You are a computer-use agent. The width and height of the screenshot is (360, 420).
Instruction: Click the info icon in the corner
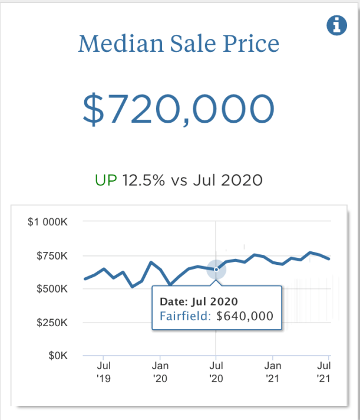tap(336, 26)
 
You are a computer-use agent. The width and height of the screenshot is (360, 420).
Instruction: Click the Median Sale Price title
tap(179, 43)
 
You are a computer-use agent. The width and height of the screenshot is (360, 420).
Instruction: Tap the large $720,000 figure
tap(179, 109)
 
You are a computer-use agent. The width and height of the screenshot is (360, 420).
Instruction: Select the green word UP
tap(106, 180)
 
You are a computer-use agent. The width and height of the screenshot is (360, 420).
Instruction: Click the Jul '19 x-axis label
tap(103, 372)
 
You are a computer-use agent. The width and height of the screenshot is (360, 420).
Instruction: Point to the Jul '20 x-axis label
tap(216, 372)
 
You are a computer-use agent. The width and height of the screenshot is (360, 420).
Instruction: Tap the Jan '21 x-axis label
tap(272, 372)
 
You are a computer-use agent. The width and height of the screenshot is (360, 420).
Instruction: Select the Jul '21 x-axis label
tap(323, 372)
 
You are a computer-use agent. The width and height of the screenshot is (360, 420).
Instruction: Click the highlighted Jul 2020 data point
tap(216, 270)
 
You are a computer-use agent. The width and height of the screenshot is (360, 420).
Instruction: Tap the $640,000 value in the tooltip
tap(245, 316)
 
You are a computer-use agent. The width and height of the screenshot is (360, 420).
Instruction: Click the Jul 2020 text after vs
tap(233, 180)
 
